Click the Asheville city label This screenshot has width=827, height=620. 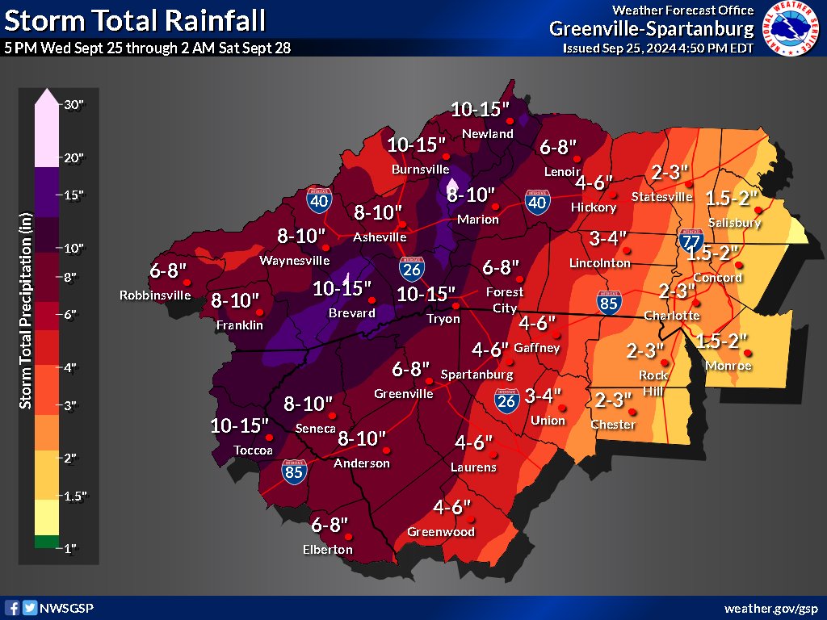point(380,237)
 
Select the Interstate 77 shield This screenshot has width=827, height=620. point(689,240)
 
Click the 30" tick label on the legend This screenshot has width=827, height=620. point(73,105)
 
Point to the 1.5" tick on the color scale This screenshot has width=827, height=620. point(73,496)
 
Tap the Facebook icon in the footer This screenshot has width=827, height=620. point(12,608)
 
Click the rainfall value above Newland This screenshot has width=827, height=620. point(481,109)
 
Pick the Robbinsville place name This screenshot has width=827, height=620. point(155,295)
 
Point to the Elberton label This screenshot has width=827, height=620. point(328,550)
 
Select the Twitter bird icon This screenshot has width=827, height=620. point(29,608)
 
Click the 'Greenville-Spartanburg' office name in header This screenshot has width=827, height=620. point(652,29)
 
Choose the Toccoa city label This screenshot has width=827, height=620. point(253,450)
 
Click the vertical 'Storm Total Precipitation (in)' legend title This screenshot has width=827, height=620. point(26,323)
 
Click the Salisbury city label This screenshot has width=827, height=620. point(734,223)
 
